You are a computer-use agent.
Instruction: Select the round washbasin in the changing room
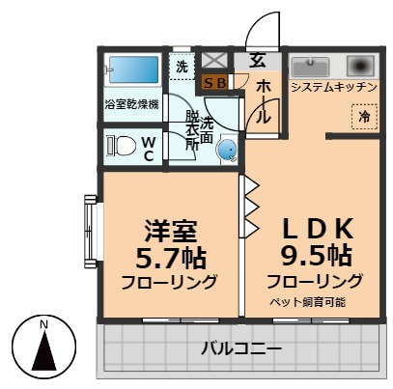click(225, 150)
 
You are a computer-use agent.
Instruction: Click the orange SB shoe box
click(215, 83)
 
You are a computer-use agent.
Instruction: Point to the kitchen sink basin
click(312, 67)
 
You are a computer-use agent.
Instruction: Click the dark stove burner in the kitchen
click(360, 66)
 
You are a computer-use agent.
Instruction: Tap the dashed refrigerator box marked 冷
click(364, 116)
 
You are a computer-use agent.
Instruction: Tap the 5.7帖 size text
click(171, 258)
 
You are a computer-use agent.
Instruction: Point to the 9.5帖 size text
click(315, 258)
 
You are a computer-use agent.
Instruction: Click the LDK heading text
click(314, 230)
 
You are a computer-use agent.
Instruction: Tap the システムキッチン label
click(334, 87)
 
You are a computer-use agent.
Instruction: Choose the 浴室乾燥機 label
click(134, 103)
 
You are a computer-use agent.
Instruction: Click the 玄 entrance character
click(258, 58)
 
